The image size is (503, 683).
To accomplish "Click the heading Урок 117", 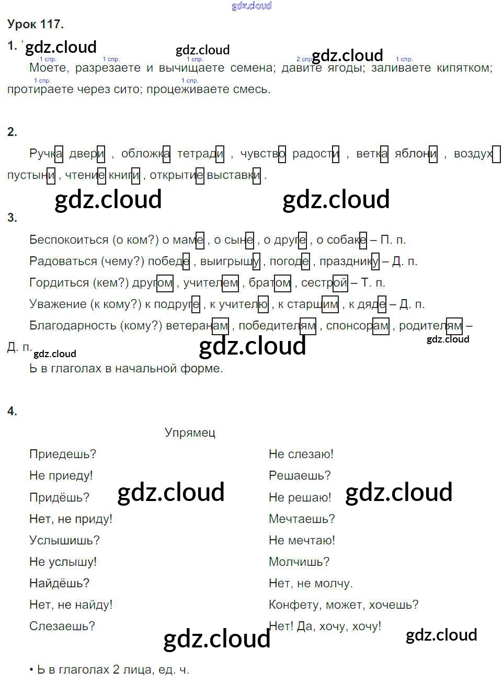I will pos(36,24).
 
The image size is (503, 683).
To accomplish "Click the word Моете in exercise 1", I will pos(48,67).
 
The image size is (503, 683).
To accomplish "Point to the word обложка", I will pos(145,154).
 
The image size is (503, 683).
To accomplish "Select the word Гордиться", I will pos(59,283).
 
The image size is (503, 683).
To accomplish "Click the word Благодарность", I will pos(73,326).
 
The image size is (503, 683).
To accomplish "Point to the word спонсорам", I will pos(358,326).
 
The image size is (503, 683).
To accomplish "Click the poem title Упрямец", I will pos(190,432).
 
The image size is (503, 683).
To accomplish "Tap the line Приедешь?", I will pos(63,454).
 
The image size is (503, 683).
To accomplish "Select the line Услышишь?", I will pos(64,540).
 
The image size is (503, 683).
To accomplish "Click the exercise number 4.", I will pos(12,412).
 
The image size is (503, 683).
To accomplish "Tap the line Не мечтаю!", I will pos(302,540).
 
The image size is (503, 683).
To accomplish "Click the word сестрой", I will pos(324,283).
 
